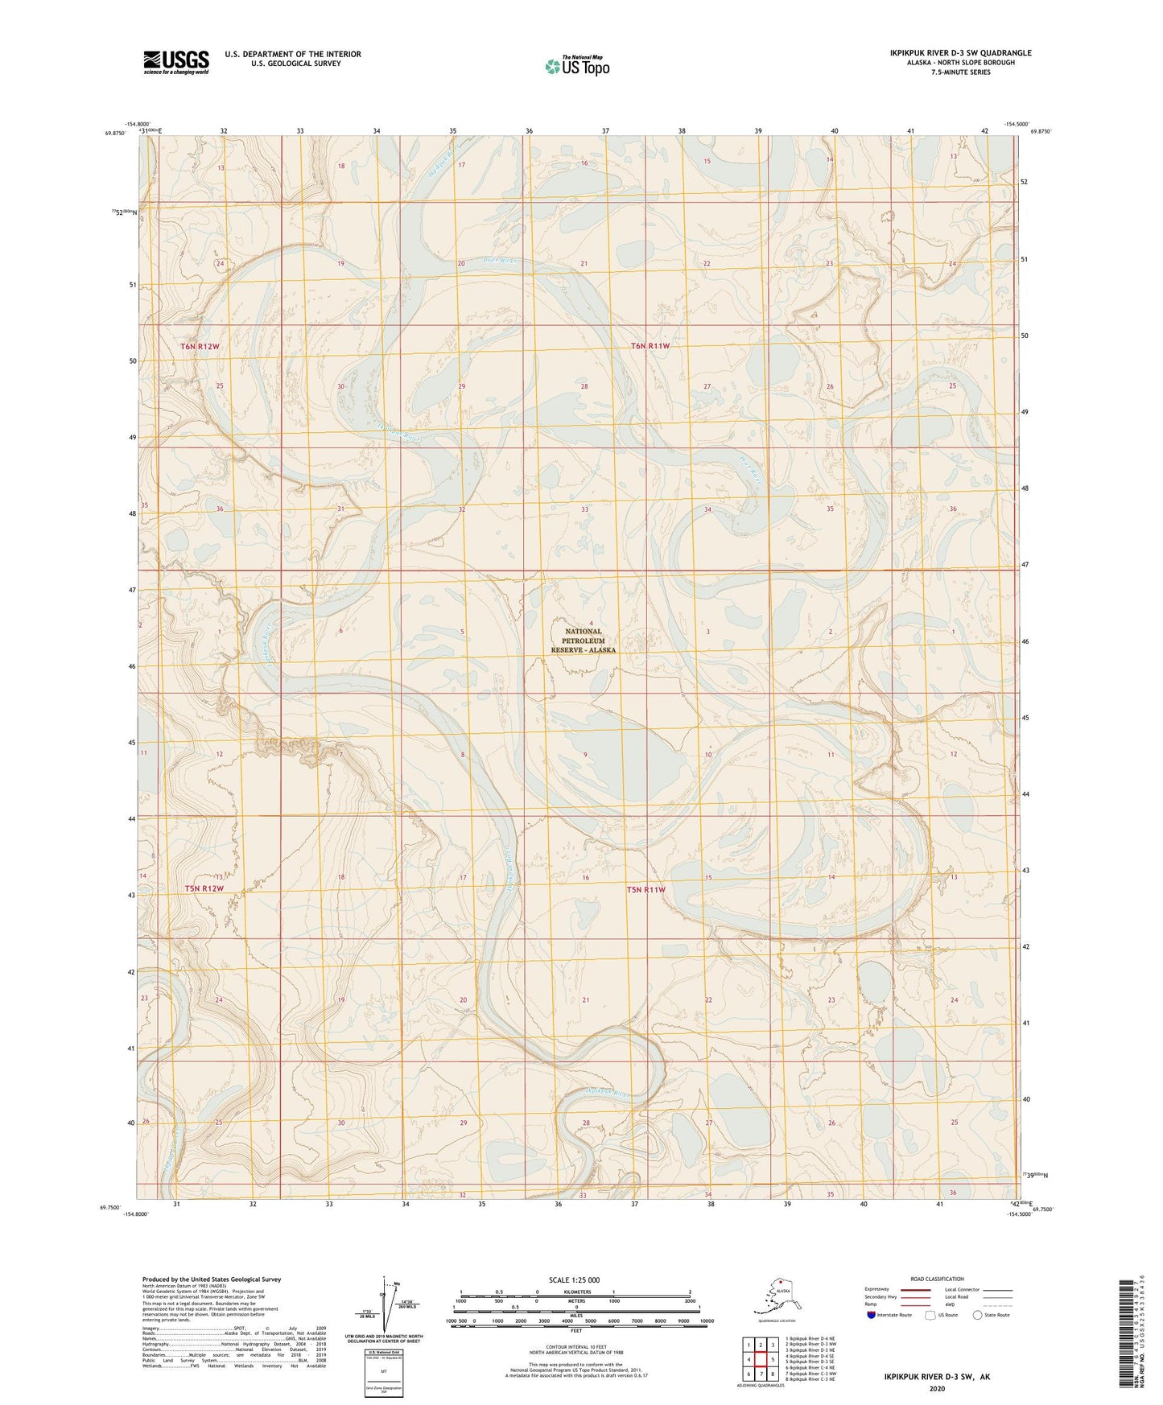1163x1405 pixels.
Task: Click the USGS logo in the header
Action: [x=175, y=62]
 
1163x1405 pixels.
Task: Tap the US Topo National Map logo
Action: [x=576, y=65]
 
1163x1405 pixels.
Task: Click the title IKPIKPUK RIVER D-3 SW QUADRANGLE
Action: [x=960, y=53]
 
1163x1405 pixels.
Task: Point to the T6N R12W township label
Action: [x=200, y=346]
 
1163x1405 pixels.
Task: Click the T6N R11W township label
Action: [x=650, y=346]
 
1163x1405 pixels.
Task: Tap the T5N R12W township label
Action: [x=203, y=888]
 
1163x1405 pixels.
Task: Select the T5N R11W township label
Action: [x=646, y=889]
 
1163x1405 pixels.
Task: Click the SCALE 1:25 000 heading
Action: [x=574, y=1279]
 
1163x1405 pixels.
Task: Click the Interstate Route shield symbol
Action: [x=872, y=1315]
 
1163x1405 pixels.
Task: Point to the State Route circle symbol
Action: [x=977, y=1315]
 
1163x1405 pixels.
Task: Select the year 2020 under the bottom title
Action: [x=936, y=1388]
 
